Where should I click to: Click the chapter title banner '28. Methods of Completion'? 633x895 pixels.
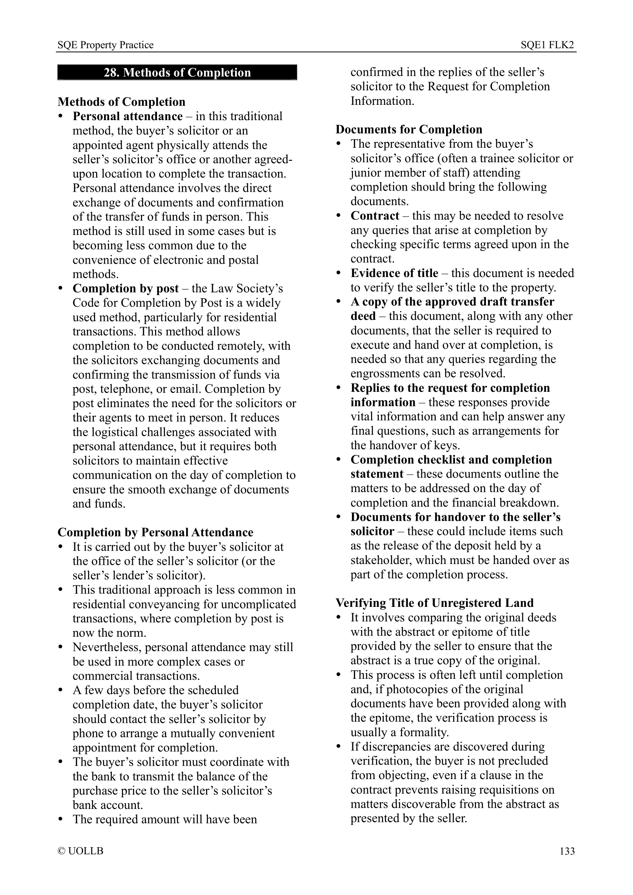[x=177, y=72]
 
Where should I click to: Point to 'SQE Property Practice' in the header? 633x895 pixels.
[x=105, y=45]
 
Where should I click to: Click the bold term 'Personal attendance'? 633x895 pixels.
[x=128, y=116]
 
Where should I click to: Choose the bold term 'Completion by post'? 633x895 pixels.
[x=126, y=289]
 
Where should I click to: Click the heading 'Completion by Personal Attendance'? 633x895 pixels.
[x=155, y=533]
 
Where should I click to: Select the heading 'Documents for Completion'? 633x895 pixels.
[x=409, y=129]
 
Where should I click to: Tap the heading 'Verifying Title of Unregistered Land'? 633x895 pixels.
[x=435, y=603]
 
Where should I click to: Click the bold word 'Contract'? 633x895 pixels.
[x=375, y=215]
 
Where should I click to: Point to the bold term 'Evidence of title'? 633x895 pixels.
[x=394, y=273]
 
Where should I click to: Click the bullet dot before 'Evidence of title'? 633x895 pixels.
[x=339, y=273]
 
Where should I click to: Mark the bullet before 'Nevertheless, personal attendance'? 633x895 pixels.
[x=61, y=647]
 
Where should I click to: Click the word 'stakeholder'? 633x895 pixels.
[x=381, y=560]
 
